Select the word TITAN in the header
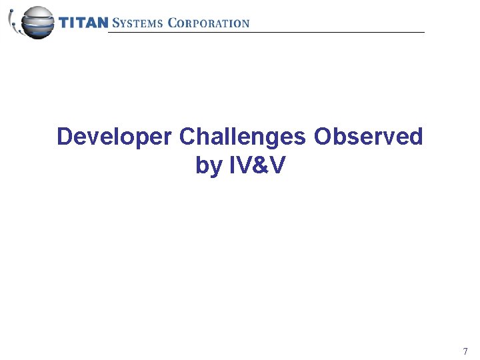tap(83, 23)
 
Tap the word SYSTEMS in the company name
tap(138, 23)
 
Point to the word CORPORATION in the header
tap(209, 23)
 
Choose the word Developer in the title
tap(115, 137)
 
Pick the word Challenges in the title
tap(243, 137)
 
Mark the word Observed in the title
tap(369, 137)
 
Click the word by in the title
tap(209, 165)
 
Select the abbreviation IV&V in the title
tap(257, 165)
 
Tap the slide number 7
tap(465, 351)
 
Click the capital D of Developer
tap(65, 137)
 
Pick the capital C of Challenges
tap(187, 137)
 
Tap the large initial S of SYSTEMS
tap(116, 23)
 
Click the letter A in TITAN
tap(91, 23)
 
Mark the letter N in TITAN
tap(102, 23)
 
